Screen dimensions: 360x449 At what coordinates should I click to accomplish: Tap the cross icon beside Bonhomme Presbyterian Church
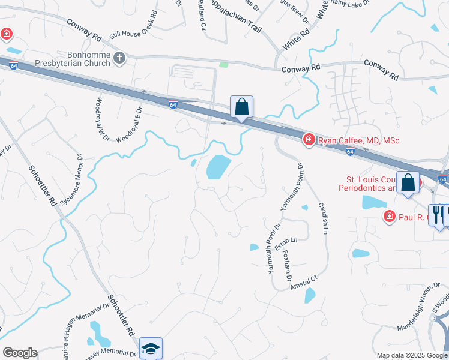click(x=120, y=58)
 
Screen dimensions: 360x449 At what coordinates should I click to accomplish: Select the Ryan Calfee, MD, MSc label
click(x=359, y=140)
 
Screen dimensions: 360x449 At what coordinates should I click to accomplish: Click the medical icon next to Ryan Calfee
click(x=309, y=139)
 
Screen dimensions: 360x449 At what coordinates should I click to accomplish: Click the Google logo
click(x=20, y=353)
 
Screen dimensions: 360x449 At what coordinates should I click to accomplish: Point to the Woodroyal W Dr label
click(x=100, y=119)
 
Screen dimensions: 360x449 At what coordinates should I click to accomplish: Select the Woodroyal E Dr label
click(x=130, y=124)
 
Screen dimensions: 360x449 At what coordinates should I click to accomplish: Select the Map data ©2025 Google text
click(x=411, y=355)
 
